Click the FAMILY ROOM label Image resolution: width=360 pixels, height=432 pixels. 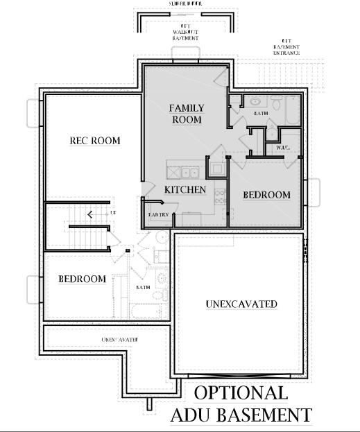click(x=185, y=114)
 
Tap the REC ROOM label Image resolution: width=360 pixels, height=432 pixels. click(x=95, y=141)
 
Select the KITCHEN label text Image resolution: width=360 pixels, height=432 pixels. click(x=185, y=189)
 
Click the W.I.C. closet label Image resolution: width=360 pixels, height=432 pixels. click(x=283, y=148)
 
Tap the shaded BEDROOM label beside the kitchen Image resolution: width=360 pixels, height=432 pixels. click(x=266, y=195)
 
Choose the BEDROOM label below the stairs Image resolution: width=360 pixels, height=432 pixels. click(x=82, y=279)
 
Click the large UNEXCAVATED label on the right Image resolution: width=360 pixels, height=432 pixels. click(x=242, y=304)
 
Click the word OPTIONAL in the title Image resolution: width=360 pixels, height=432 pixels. click(x=241, y=392)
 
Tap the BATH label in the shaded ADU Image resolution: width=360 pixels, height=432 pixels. click(x=261, y=112)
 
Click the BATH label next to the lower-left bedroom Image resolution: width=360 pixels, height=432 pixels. click(x=144, y=287)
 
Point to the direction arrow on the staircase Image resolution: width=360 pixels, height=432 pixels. click(x=90, y=214)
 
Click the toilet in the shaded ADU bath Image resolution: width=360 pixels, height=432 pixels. click(x=276, y=105)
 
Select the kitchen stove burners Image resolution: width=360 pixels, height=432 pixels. click(x=221, y=196)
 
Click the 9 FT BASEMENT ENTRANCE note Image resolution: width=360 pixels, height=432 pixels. click(x=286, y=48)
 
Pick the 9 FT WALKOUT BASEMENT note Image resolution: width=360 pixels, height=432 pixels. click(x=185, y=33)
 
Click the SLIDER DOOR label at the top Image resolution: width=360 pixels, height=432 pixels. click(x=185, y=3)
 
